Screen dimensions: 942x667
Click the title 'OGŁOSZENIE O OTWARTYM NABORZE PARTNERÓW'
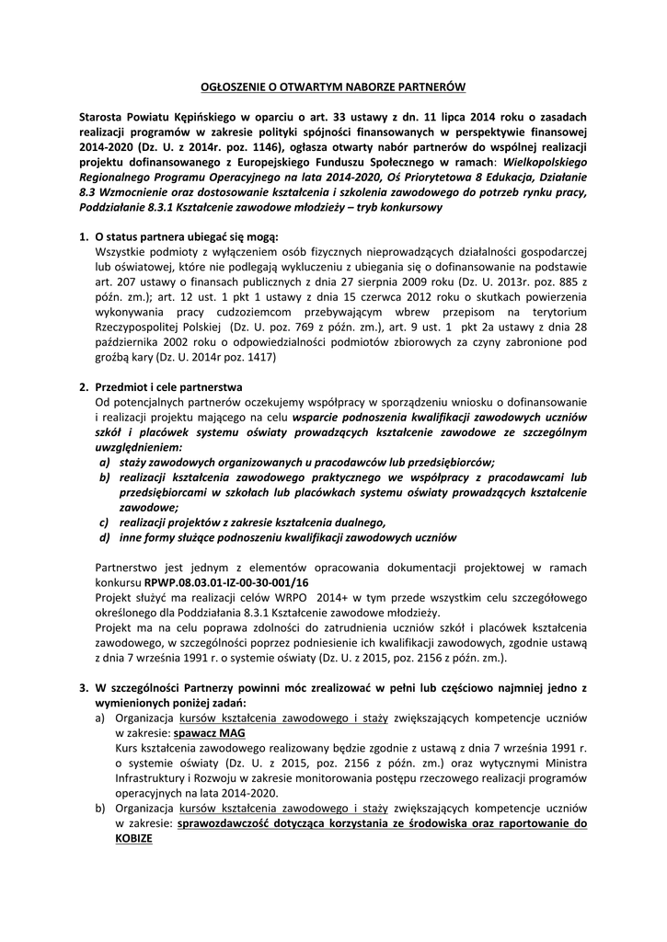coord(334,86)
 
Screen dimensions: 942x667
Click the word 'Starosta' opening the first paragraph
coord(103,119)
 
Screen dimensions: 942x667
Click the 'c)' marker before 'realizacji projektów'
coord(104,521)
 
